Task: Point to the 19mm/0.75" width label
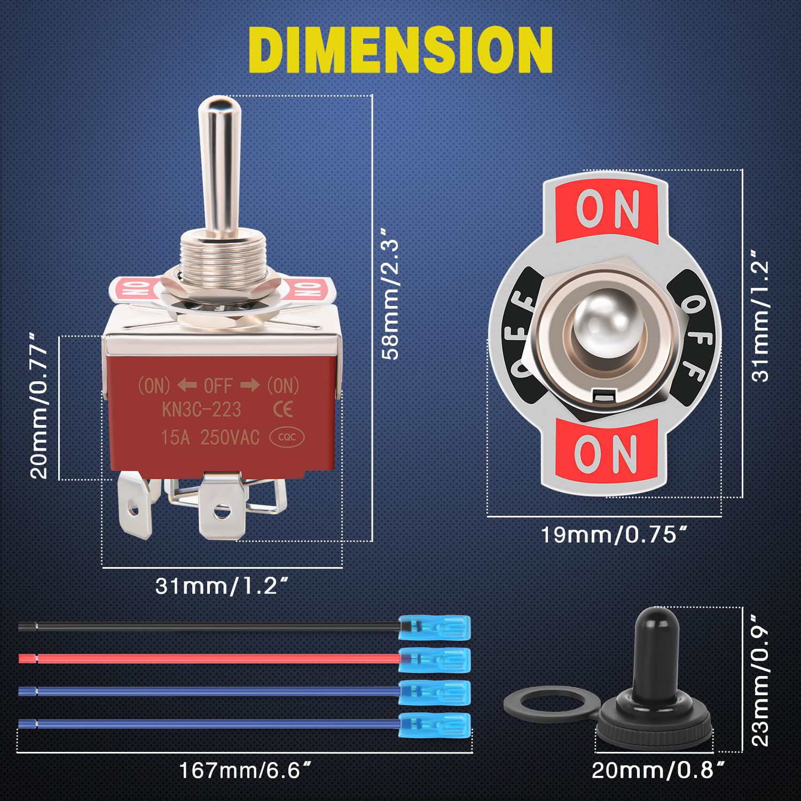(613, 535)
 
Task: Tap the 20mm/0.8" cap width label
(658, 771)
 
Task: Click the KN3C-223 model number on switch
(201, 410)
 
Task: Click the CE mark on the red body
(282, 410)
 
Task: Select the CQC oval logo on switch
(288, 438)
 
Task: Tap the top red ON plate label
(607, 209)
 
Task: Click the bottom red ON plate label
(606, 453)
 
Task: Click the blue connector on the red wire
(435, 659)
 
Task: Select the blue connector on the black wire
(435, 626)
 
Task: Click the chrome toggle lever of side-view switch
(212, 160)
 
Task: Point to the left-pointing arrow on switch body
(186, 384)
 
